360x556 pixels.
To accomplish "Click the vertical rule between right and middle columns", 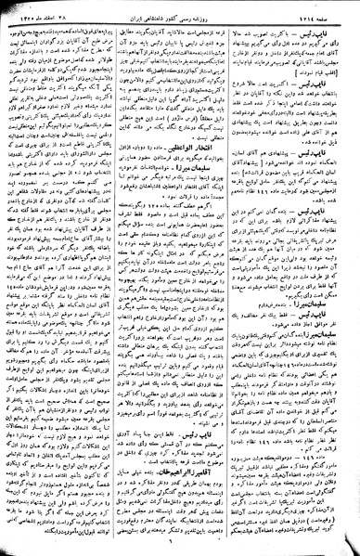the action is pos(240,278).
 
